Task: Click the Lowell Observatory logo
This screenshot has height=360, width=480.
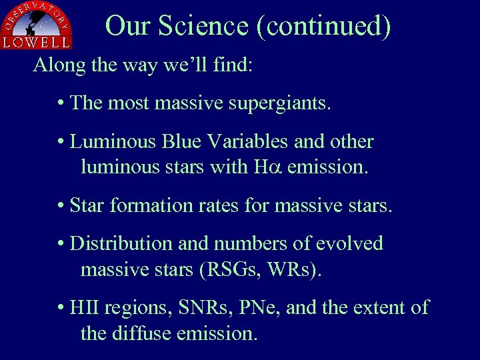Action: pos(36,25)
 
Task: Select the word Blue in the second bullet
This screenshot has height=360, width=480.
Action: pos(179,142)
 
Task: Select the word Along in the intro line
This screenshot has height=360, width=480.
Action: pos(54,65)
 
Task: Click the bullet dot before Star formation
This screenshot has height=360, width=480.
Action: pos(61,206)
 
